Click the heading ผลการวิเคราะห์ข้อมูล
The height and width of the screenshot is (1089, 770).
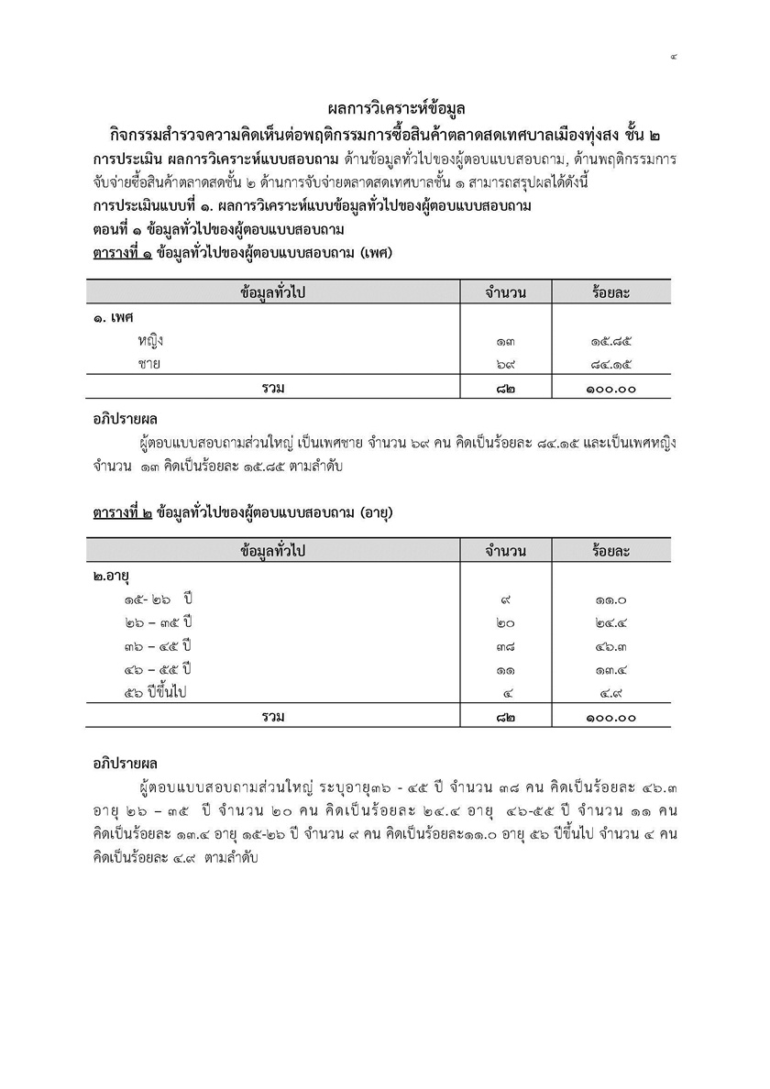click(385, 110)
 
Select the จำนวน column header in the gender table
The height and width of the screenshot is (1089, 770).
click(505, 292)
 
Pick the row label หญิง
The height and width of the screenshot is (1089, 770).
click(151, 341)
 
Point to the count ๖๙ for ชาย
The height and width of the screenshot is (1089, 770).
click(505, 365)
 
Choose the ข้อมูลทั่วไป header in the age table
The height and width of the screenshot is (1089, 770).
click(272, 551)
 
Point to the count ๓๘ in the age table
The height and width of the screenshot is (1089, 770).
click(505, 646)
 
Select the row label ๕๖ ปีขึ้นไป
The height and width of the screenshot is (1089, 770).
click(156, 693)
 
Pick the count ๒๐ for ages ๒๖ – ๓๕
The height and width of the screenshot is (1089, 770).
click(505, 623)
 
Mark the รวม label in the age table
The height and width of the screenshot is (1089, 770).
click(272, 716)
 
